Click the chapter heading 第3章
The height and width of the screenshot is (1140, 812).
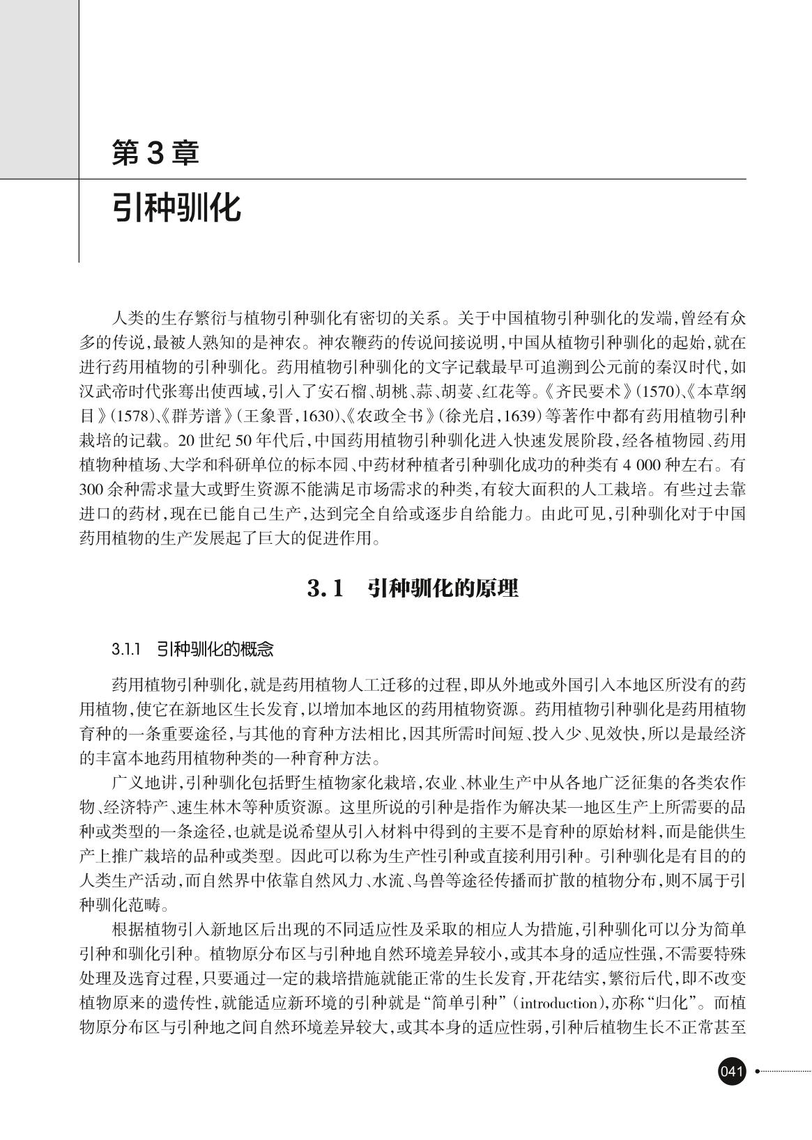tap(155, 153)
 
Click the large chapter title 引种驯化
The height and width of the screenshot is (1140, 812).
tap(177, 208)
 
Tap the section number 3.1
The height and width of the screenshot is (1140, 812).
tap(325, 588)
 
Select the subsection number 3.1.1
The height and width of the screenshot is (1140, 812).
tap(126, 650)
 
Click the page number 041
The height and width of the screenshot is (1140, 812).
tap(732, 1071)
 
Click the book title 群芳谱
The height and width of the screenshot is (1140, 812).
tap(198, 416)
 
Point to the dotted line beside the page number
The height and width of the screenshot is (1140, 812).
tap(785, 1071)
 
